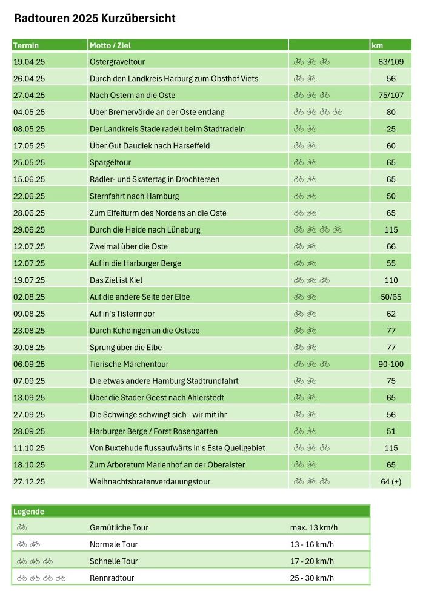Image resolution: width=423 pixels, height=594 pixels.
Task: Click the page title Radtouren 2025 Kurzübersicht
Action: point(95,19)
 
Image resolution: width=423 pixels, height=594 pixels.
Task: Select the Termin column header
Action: point(26,45)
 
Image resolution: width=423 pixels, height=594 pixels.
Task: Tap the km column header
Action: point(377,45)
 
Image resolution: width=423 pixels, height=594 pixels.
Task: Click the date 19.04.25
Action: point(29,62)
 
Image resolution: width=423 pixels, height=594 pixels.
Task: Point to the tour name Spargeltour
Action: point(110,163)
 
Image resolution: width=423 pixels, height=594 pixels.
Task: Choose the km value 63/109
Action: point(391,62)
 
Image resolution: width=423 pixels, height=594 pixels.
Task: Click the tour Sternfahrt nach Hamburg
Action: point(134,196)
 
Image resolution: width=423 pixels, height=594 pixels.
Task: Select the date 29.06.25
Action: point(29,230)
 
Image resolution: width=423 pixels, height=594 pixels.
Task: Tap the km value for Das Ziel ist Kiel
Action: point(391,280)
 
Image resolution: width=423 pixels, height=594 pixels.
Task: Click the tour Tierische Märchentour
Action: point(129,365)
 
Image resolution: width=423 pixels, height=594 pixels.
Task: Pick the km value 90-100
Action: point(391,365)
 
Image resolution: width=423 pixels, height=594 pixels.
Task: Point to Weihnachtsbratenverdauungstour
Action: point(150,482)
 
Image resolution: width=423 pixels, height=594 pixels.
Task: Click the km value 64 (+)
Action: point(391,482)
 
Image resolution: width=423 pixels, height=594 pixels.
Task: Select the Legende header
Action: point(28,512)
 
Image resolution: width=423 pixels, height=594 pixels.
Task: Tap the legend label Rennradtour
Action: point(112,578)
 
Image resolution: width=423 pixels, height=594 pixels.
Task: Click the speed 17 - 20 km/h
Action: point(311,561)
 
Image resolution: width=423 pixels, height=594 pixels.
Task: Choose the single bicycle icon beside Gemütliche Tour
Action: point(22,527)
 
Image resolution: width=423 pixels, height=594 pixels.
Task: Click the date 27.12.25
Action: point(29,482)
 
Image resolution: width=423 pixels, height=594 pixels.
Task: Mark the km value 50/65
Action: point(391,297)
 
